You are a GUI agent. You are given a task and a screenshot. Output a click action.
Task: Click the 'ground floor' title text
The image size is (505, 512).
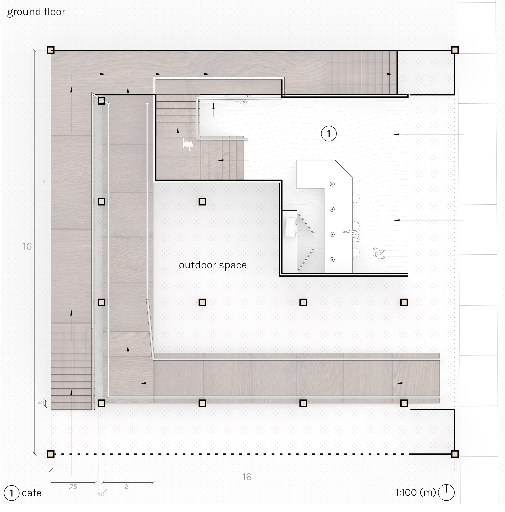[x=36, y=12]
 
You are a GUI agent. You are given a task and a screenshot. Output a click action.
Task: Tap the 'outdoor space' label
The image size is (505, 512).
[x=213, y=265]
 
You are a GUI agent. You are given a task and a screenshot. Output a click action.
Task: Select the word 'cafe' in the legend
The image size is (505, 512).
[x=32, y=493]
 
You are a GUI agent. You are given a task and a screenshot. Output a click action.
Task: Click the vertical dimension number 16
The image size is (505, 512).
[x=27, y=247]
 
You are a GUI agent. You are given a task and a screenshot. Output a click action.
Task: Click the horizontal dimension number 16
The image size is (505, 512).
[x=247, y=477]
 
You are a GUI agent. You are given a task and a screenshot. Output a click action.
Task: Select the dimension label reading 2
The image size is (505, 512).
[x=126, y=487]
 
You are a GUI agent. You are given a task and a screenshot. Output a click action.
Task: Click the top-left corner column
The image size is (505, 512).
[x=51, y=50]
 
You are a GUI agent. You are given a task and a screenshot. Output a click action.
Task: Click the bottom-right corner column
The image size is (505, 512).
[x=455, y=454]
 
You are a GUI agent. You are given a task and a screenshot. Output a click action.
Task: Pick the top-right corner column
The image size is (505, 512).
[x=455, y=50]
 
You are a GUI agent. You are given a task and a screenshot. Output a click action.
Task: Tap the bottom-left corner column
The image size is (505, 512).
[x=51, y=454]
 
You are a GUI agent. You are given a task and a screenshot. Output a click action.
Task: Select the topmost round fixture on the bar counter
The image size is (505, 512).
[x=332, y=184]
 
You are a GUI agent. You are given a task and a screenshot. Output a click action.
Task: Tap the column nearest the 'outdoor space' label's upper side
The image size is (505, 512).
[x=202, y=202]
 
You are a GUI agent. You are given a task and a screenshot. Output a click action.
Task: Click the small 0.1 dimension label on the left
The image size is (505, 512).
[x=44, y=182]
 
